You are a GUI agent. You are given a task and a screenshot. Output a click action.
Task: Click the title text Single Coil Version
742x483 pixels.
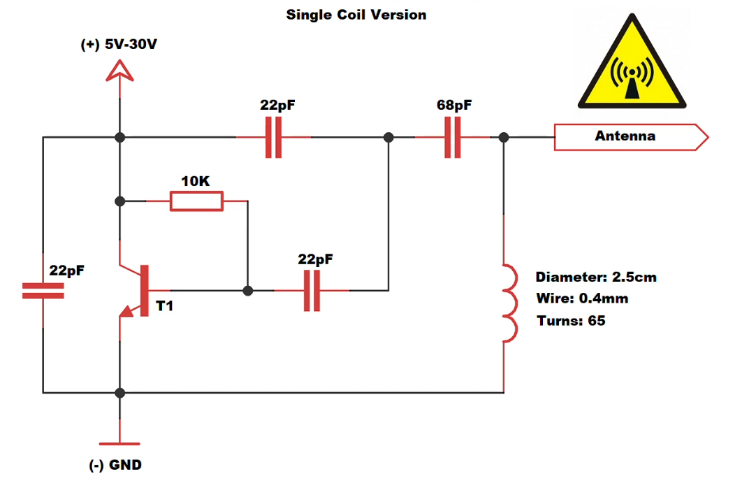pos(356,15)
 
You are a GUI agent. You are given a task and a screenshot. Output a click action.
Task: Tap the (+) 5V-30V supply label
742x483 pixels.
pos(119,45)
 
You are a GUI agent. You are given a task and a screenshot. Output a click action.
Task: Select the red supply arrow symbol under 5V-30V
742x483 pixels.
pos(119,70)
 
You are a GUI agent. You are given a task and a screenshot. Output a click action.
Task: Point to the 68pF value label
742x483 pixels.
pos(453,106)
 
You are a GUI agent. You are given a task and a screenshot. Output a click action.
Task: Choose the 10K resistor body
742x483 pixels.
pos(196,201)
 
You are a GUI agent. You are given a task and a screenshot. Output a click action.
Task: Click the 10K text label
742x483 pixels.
pos(195,181)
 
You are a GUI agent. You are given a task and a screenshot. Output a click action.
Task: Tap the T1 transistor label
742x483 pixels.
pos(165,305)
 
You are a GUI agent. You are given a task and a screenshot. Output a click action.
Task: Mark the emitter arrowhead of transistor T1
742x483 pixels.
pos(127,313)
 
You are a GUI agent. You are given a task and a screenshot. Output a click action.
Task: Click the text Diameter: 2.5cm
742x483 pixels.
pos(596,277)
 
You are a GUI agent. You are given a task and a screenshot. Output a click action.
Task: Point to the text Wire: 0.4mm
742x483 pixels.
pos(582,298)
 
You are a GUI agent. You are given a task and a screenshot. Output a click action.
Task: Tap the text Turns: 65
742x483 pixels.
pos(571,321)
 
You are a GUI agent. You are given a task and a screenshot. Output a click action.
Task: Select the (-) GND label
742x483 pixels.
pos(116,465)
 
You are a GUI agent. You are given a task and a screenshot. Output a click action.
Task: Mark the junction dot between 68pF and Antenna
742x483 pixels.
pos(504,138)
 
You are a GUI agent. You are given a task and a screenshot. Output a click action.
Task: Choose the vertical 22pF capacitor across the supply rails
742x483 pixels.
pos(43,291)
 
